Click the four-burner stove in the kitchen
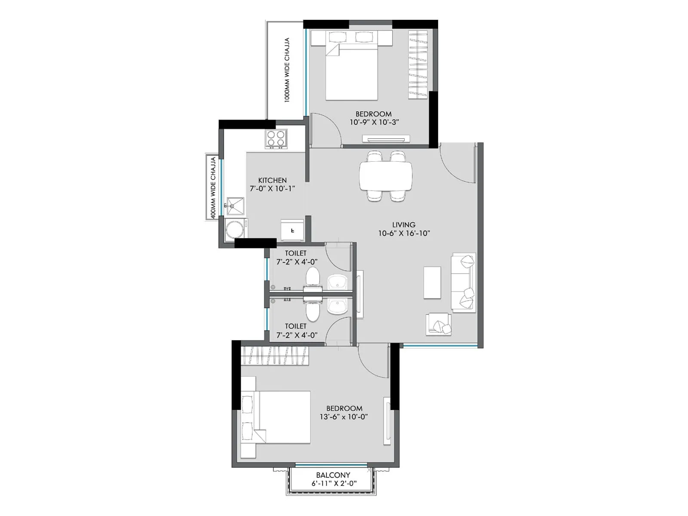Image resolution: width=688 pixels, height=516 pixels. (x=276, y=138)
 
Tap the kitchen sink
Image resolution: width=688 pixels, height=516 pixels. (x=235, y=206)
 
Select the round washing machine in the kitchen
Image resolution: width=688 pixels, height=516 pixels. (x=235, y=229)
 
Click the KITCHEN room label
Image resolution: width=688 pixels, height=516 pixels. (x=272, y=180)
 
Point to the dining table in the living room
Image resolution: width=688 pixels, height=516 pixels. (x=386, y=175)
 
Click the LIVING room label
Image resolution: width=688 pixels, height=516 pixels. (x=404, y=224)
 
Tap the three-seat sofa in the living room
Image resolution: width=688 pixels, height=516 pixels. (x=463, y=282)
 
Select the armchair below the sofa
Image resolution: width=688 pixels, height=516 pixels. (x=439, y=324)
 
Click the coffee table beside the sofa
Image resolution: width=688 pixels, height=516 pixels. (x=432, y=283)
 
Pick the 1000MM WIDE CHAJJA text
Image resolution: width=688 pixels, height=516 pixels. (x=287, y=70)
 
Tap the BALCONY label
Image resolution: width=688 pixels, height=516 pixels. (x=333, y=475)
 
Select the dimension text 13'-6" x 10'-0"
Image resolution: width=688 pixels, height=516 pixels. (x=343, y=417)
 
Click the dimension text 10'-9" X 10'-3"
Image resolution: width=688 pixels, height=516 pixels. (x=374, y=122)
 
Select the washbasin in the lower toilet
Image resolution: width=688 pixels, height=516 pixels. (x=338, y=306)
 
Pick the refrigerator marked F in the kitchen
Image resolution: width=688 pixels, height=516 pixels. (x=292, y=230)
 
